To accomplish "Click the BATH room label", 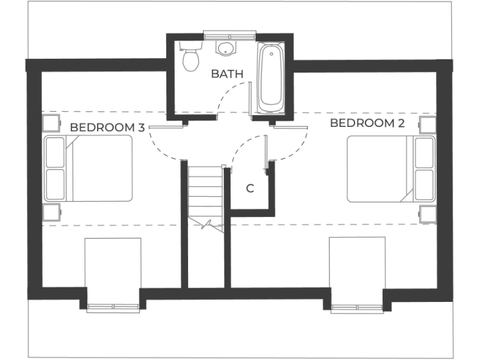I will click(227, 74).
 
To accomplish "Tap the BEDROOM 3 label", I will click(107, 127).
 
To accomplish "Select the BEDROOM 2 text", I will click(367, 123).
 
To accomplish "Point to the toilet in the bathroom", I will click(190, 57).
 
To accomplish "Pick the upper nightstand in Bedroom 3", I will click(51, 122).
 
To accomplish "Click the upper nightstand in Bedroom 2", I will click(427, 124).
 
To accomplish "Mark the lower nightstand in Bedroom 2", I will click(427, 214).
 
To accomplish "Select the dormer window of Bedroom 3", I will click(112, 307).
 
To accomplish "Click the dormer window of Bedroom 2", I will click(357, 307).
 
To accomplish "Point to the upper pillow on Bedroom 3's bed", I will click(55, 152).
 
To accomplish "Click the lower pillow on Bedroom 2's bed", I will click(424, 184).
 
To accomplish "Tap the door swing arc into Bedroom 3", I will click(161, 147).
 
